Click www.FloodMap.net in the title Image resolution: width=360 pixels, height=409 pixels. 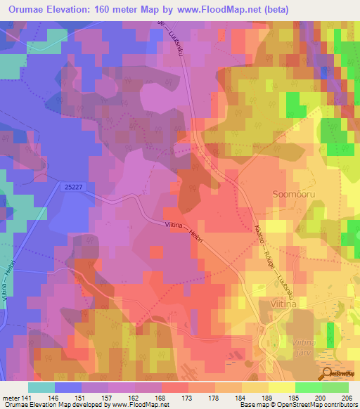coord(210,9)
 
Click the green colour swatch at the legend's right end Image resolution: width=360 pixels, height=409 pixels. coord(335,387)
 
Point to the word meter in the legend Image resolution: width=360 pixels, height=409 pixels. coord(12,397)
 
